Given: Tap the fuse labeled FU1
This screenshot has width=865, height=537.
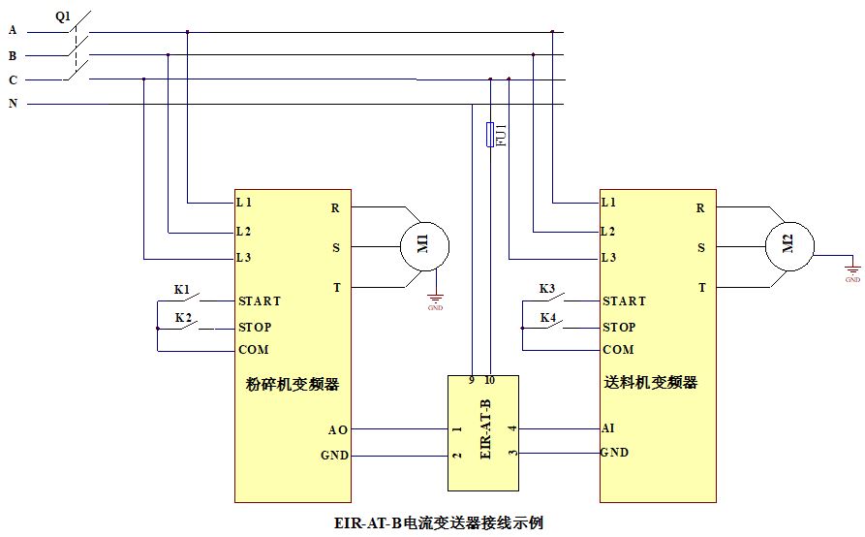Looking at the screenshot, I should coord(491,136).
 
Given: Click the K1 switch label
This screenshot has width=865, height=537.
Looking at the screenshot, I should coord(182,289).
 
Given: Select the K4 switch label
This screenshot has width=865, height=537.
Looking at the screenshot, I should coord(547,317).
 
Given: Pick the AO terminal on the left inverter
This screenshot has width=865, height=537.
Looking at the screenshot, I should coord(338,428).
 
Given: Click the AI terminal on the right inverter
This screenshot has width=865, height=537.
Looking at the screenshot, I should coord(607,427).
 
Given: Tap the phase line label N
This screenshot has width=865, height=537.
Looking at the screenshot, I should coord(13,103).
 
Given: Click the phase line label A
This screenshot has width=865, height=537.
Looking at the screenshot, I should coord(13,30).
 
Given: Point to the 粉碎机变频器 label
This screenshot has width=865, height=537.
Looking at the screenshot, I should coord(293,384).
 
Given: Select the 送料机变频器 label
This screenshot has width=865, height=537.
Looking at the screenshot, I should coord(658,383).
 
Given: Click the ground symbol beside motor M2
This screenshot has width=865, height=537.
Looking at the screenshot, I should coord(852,272).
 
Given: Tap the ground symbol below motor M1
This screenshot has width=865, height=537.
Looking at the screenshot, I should coord(435,302).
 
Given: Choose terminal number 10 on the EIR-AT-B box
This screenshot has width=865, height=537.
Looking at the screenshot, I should coord(489,380).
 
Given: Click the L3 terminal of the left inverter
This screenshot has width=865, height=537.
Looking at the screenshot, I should coord(244,258).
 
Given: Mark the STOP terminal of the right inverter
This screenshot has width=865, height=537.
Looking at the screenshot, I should coord(619,327).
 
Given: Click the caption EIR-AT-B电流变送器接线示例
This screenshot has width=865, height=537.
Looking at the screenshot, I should coord(438,522).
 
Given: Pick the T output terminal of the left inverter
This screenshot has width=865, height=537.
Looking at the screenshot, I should coord(336,287).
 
